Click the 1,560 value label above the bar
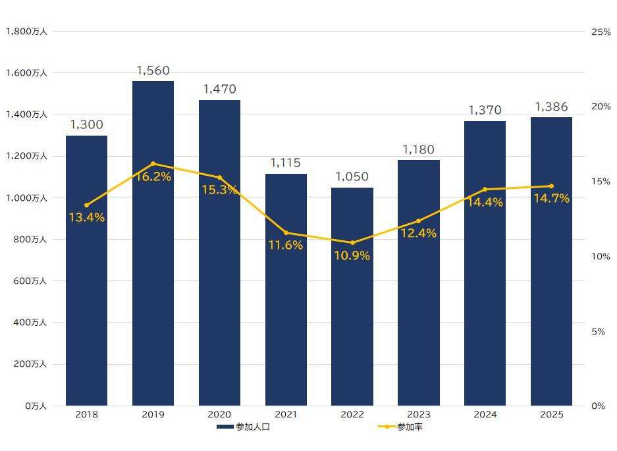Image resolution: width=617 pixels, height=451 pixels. [x=153, y=70]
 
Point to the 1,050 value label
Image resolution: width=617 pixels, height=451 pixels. [x=352, y=177]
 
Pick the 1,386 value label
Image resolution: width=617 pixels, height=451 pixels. [x=551, y=107]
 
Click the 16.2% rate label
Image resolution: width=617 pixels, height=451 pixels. [x=153, y=176]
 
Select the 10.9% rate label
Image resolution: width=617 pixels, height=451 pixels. [x=352, y=256]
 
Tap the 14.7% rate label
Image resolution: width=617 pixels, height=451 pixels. [x=551, y=199]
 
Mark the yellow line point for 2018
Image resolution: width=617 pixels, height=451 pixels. [x=86, y=205]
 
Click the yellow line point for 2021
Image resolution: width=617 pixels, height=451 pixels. [x=286, y=232]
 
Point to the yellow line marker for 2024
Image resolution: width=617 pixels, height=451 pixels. [x=485, y=190]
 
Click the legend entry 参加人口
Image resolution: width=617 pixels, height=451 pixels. [x=244, y=427]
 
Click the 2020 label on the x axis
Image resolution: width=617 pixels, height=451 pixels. [x=219, y=415]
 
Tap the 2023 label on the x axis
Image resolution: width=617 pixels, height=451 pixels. [x=419, y=415]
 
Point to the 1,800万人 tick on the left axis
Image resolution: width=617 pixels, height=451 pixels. [x=26, y=32]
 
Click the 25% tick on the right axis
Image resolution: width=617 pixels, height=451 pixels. [x=601, y=32]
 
